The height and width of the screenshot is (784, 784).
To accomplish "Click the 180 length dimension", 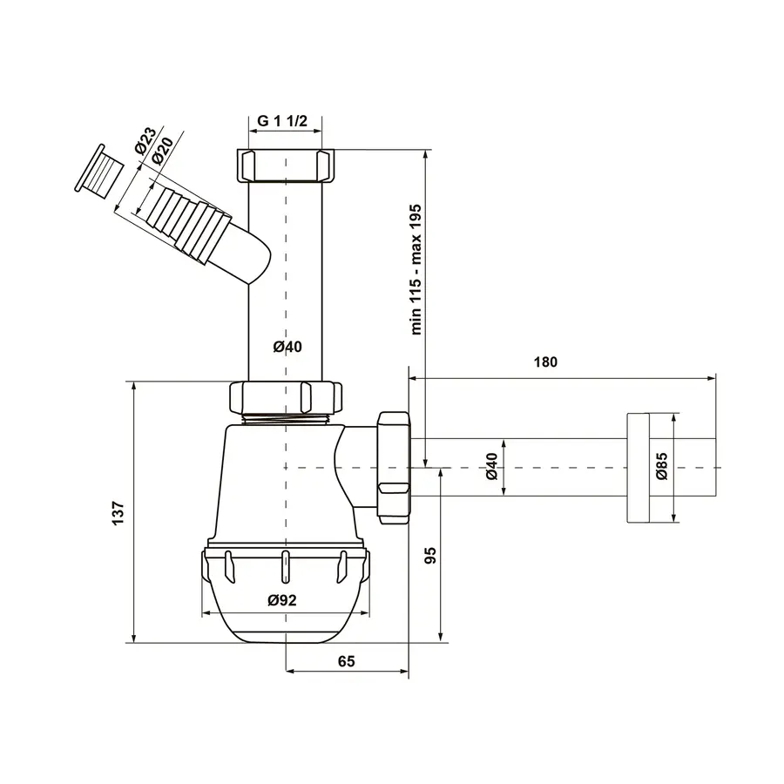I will (x=546, y=362).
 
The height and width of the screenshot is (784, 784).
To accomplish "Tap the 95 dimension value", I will (x=428, y=556).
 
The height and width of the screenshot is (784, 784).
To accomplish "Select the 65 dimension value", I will (x=346, y=661).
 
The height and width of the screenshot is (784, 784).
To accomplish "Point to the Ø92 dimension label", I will (x=283, y=599).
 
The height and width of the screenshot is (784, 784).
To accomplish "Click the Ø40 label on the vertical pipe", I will (x=287, y=347).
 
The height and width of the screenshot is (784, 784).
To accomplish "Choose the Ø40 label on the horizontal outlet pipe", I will (x=491, y=468).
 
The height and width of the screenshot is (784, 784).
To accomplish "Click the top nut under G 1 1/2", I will (x=285, y=165).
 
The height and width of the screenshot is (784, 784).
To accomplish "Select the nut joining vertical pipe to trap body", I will (x=285, y=397).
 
